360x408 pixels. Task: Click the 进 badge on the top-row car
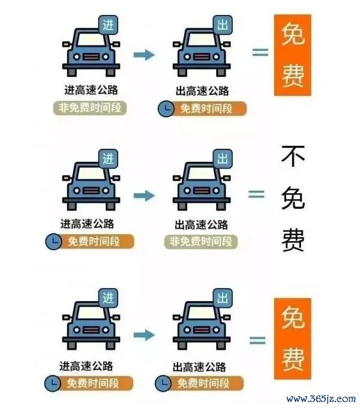[108, 25]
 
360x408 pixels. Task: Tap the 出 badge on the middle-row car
[223, 158]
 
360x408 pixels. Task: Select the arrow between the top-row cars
[144, 55]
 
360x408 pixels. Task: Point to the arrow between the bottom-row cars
[144, 335]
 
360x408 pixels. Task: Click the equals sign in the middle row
[256, 194]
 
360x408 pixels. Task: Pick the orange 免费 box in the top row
[293, 55]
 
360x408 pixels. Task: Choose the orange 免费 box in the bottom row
[293, 338]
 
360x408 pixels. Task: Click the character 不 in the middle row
[293, 157]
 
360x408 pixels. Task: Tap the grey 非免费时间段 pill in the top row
[90, 108]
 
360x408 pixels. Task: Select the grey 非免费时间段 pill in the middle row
[201, 242]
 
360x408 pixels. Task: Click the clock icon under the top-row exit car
[166, 109]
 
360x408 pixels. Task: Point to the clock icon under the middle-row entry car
[53, 242]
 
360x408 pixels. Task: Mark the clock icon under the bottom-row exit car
[163, 383]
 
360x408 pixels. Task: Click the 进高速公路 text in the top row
[91, 90]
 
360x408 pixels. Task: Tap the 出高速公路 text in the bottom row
[199, 367]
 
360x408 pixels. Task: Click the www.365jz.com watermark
[321, 398]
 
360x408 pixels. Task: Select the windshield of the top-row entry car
[91, 40]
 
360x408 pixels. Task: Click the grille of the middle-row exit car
[202, 191]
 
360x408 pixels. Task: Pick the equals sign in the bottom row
[257, 340]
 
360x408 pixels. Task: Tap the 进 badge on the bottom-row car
[108, 298]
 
